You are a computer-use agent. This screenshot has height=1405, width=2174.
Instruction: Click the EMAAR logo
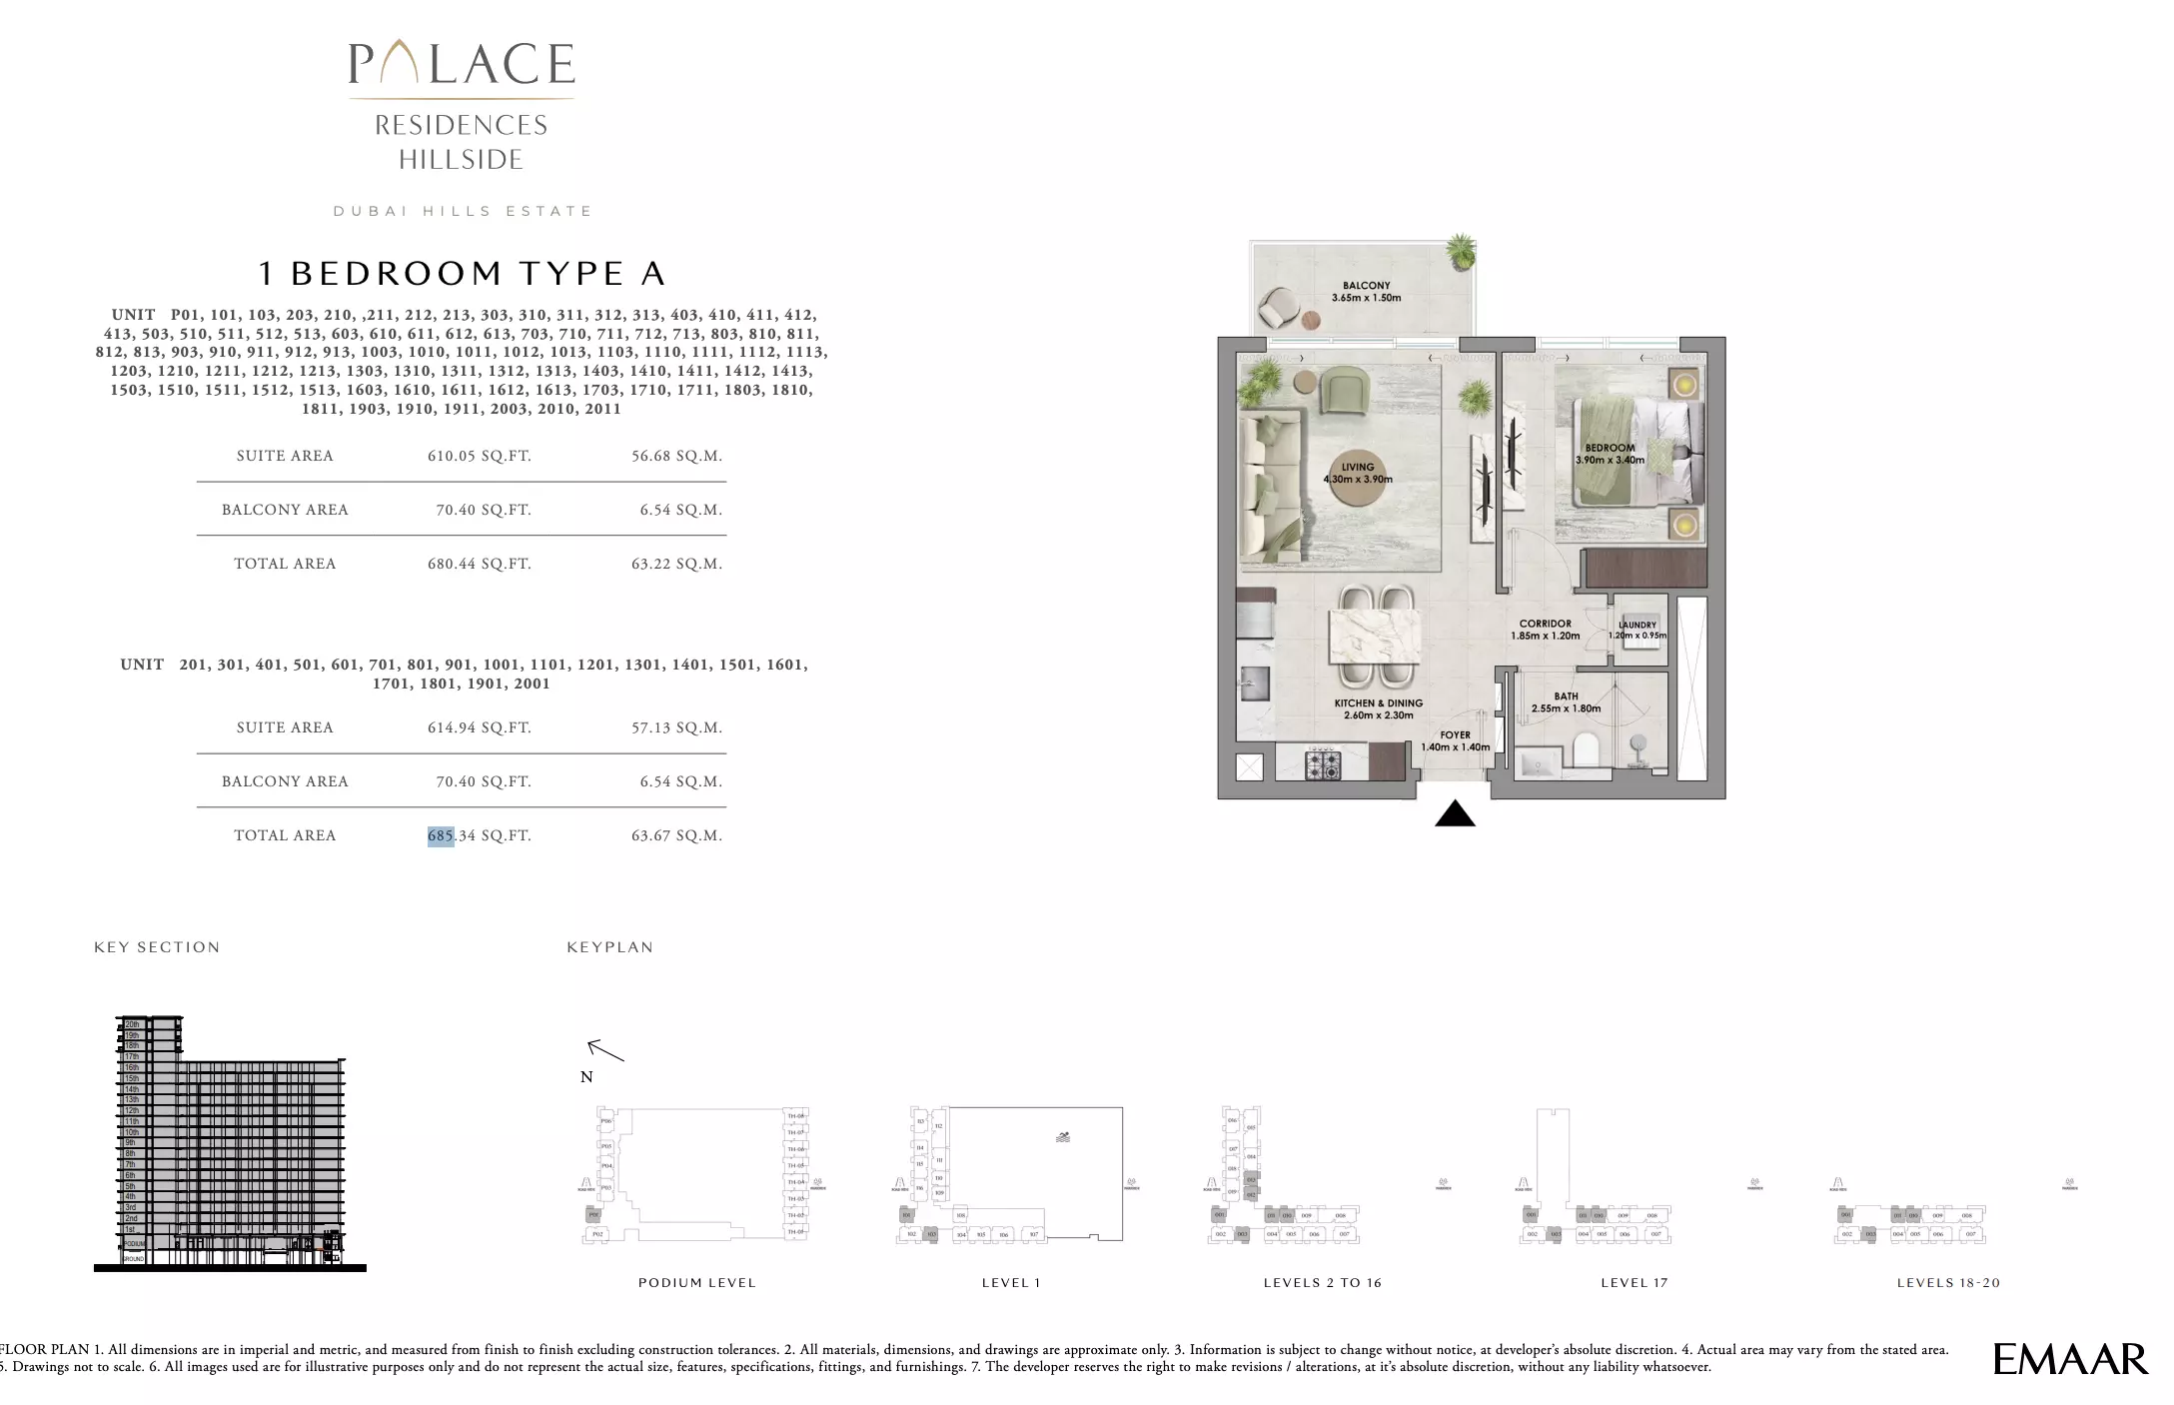(2069, 1359)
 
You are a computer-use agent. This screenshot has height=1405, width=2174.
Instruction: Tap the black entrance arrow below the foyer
(1455, 814)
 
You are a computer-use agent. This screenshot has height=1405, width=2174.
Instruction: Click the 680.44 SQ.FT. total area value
(479, 564)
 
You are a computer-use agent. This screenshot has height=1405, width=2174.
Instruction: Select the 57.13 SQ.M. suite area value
(676, 727)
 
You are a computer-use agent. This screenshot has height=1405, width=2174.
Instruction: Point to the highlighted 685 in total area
(441, 835)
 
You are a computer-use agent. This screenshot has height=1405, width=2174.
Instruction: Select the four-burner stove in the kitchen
(1323, 764)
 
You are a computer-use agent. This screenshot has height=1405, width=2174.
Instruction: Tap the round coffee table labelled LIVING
(1358, 473)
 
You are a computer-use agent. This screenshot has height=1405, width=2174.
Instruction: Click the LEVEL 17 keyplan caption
(1633, 1283)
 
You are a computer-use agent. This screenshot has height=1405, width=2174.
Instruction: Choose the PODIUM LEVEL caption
(696, 1283)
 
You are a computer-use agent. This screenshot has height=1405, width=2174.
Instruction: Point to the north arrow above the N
(604, 1050)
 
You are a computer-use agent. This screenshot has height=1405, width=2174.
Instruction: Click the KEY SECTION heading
(157, 947)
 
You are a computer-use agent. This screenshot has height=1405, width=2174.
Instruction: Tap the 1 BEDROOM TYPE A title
(462, 273)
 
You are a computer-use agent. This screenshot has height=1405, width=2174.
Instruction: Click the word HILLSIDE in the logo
(461, 160)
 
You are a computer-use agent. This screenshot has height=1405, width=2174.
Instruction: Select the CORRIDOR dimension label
(1545, 630)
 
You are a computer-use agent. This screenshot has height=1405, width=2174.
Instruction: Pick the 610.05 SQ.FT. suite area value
(479, 456)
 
